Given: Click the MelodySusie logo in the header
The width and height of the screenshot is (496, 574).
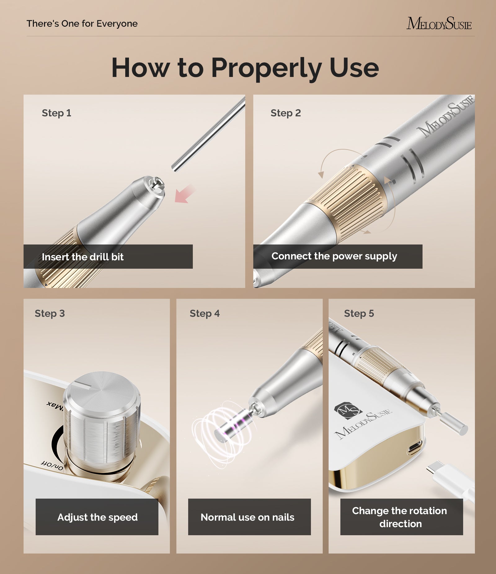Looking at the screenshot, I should coord(439,24).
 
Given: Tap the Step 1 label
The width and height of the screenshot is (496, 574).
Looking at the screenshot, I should coord(56,113).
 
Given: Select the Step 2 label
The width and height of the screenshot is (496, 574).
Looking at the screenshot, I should coord(286,113).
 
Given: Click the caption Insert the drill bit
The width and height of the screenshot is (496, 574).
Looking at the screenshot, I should coord(83,257).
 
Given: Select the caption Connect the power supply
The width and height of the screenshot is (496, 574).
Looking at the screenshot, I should coord(334,256).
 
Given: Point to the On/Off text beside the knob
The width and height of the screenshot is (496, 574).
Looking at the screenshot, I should coord(52,466).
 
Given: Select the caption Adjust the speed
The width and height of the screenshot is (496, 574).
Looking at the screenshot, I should coord(97,517).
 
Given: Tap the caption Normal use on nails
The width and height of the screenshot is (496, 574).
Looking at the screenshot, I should coord(247,517).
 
